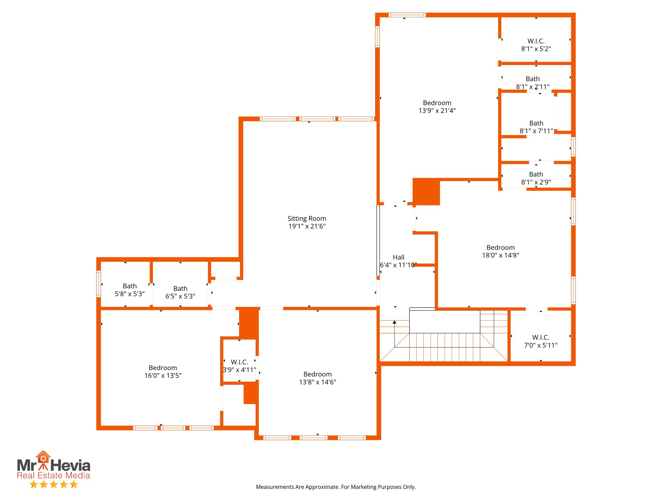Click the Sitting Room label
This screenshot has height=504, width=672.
coord(307,219)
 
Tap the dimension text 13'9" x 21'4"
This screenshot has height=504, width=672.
coord(437,111)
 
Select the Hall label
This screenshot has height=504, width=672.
coord(398,257)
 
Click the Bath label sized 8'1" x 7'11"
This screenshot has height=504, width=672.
coord(536,123)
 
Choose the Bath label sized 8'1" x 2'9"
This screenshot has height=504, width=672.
coord(536,174)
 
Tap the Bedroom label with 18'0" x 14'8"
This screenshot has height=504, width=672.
coord(500,248)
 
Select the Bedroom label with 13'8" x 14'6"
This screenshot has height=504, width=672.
coord(317,374)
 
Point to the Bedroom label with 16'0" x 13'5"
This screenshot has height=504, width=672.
coord(163,368)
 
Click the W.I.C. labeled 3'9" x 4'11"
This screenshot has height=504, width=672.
coord(239,362)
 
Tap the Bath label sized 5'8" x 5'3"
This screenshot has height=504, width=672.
coord(130,286)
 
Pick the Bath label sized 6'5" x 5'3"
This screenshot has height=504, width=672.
coord(180,289)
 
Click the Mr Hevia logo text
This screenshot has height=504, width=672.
coord(53,465)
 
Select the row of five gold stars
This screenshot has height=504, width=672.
coord(54,484)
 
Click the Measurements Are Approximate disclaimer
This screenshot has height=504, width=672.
coord(336,487)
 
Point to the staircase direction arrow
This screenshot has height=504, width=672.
coord(394,323)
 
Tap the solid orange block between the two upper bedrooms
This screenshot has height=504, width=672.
coord(426,192)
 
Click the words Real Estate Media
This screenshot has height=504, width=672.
coord(53,475)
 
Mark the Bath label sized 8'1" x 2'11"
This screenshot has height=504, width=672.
coord(533,79)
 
